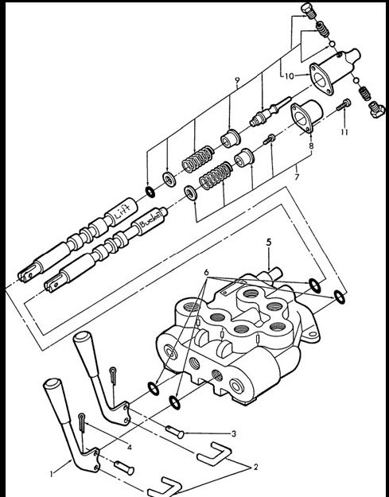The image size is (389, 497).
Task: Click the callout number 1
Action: (x=51, y=474)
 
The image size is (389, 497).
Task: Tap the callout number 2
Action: (x=255, y=467)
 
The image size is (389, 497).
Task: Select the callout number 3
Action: (x=234, y=433)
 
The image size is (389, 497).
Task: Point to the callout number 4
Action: (x=130, y=447)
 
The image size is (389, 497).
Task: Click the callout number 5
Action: (x=269, y=243)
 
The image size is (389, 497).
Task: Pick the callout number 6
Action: (x=206, y=272)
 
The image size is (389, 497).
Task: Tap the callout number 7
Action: (x=297, y=177)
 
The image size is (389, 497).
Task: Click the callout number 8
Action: (x=311, y=146)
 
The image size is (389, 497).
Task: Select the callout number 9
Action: (x=237, y=81)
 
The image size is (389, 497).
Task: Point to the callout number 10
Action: (x=289, y=76)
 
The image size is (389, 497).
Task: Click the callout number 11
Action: (x=344, y=132)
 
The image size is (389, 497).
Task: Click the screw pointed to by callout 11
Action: (x=344, y=105)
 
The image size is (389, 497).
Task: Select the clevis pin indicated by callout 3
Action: (x=175, y=432)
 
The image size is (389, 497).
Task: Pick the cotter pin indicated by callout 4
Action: (x=82, y=423)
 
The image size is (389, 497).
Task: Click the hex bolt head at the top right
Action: (x=307, y=10)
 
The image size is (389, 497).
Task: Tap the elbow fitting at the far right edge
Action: (x=376, y=110)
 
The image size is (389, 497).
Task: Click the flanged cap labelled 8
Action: (x=306, y=116)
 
